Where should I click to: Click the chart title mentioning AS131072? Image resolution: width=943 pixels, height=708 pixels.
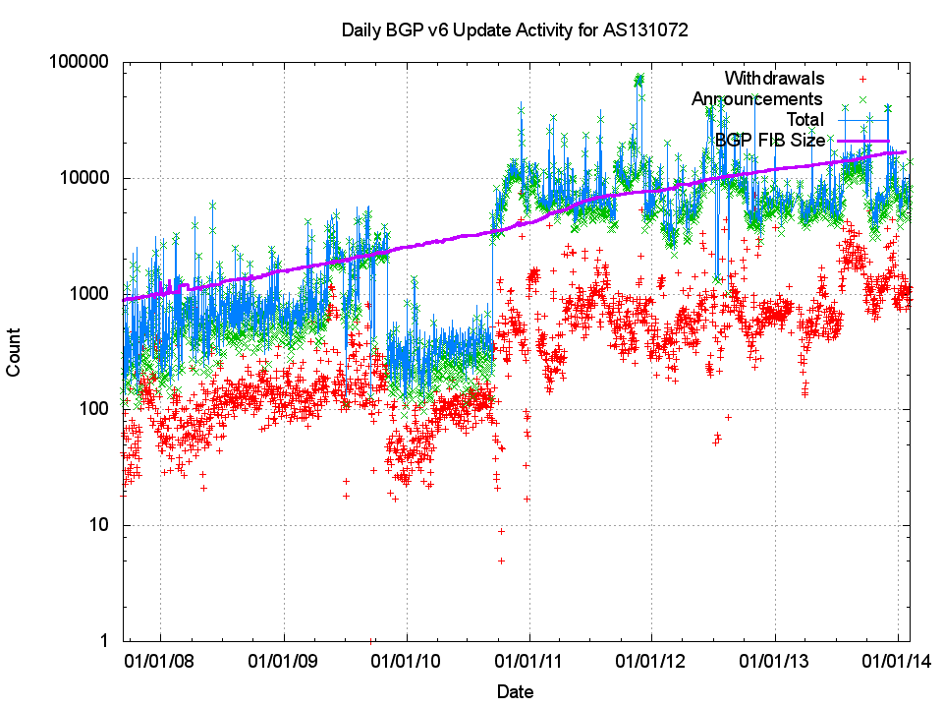click(514, 29)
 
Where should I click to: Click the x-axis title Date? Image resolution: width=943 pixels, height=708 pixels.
click(515, 691)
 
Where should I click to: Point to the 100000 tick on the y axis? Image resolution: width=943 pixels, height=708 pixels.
click(81, 62)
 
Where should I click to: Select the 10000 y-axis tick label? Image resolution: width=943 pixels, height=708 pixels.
click(85, 178)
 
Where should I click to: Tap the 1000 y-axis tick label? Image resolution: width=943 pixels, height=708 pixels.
click(89, 294)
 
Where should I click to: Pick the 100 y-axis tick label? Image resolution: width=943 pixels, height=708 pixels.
click(94, 409)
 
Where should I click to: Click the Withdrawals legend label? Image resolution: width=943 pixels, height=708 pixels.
click(773, 79)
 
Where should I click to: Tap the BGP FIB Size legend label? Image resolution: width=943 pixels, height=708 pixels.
click(770, 141)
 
